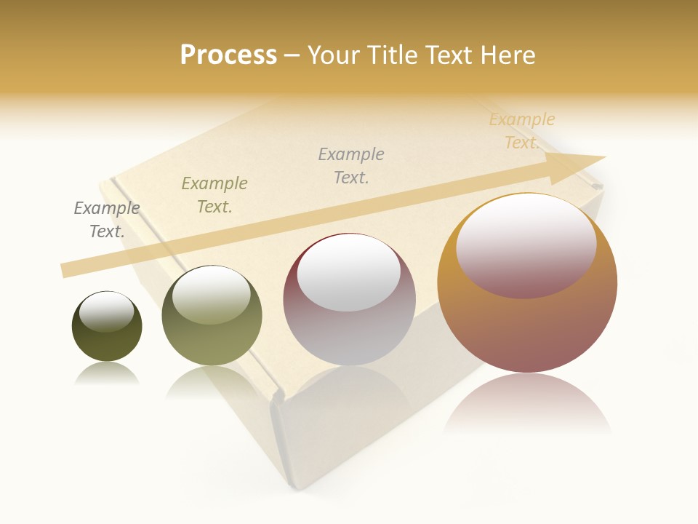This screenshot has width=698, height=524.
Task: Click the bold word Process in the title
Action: tap(228, 55)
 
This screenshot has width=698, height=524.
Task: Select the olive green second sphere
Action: tap(212, 315)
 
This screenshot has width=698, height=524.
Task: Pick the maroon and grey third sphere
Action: tap(349, 299)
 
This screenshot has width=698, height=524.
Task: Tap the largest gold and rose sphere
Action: tap(527, 283)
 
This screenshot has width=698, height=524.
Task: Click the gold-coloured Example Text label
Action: tap(522, 131)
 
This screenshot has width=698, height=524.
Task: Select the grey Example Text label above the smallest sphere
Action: tap(107, 220)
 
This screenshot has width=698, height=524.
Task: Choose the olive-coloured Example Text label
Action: tap(214, 195)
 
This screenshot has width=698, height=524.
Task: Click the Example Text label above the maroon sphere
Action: tap(351, 166)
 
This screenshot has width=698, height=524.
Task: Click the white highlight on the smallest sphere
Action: tap(107, 311)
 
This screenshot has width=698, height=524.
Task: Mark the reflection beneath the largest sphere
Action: tap(527, 404)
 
